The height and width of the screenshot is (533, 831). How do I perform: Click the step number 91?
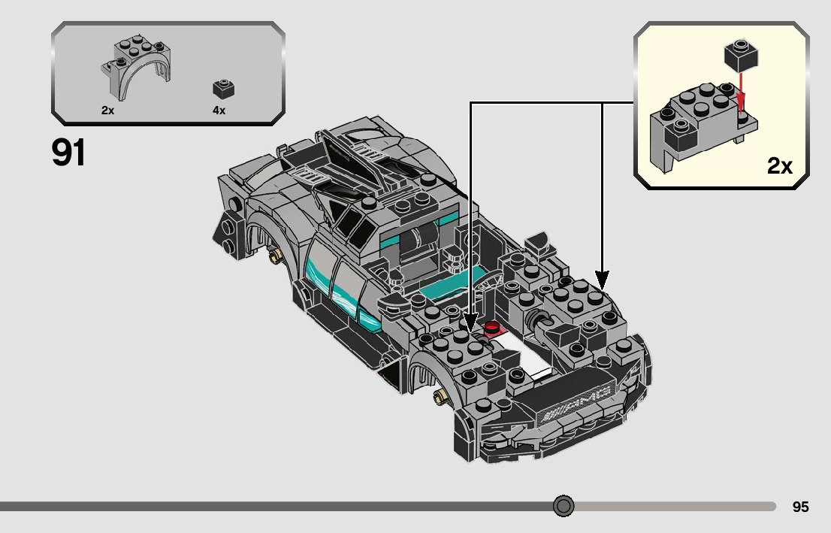[68, 153]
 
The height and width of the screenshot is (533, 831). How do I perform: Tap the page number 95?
[800, 507]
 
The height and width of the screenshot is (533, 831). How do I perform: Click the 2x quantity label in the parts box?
[107, 111]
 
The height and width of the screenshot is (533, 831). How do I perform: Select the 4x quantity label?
[219, 111]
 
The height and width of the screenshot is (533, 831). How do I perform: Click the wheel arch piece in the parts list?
[136, 69]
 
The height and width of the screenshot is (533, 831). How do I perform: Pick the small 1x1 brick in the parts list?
[223, 88]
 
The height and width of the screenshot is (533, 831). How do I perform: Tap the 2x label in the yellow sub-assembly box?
[780, 166]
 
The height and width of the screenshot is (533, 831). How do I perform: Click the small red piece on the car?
[493, 328]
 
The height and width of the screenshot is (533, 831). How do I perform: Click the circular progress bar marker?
[564, 506]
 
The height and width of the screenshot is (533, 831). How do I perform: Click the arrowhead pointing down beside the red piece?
[470, 323]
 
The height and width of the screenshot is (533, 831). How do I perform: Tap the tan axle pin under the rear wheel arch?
[277, 256]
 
